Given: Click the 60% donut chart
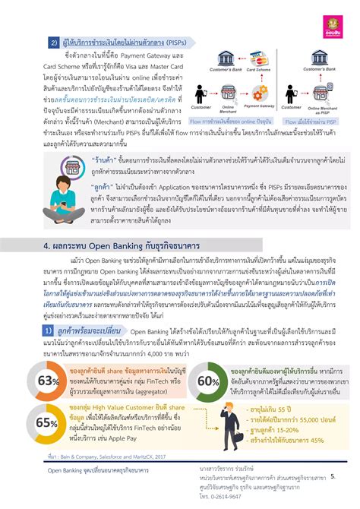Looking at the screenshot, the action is [209, 359].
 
